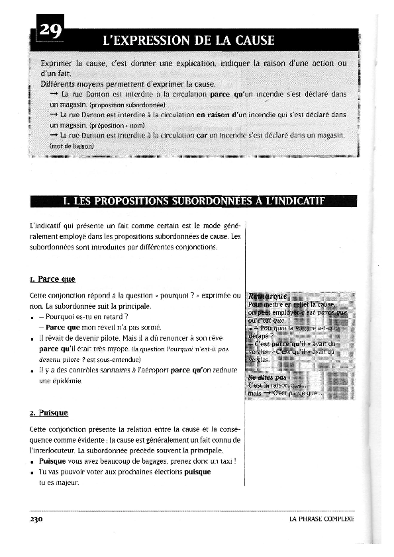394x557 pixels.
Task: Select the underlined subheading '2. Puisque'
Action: [49, 413]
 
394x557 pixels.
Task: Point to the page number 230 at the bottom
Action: [36, 519]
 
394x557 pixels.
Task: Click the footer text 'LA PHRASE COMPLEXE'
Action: [322, 519]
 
